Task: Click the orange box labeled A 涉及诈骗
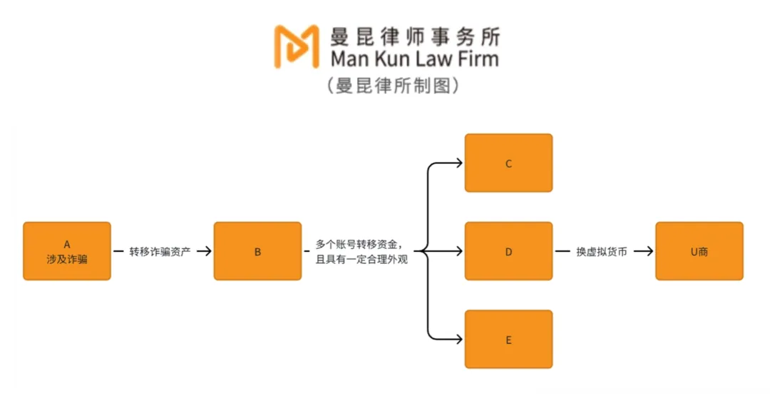(67, 251)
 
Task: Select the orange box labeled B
(257, 251)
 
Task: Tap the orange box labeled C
(508, 163)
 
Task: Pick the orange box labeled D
(508, 251)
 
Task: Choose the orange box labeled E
(508, 340)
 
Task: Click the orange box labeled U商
(699, 251)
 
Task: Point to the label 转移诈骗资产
(160, 251)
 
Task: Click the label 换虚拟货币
(601, 251)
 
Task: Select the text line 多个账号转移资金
(364, 244)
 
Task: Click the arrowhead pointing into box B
(207, 251)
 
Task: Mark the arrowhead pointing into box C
(458, 163)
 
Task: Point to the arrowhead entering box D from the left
(458, 251)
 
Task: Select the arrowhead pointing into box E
(458, 340)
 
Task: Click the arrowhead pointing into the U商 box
(649, 251)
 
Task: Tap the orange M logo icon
(296, 46)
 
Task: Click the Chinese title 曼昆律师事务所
(414, 36)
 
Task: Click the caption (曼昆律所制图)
(392, 86)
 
